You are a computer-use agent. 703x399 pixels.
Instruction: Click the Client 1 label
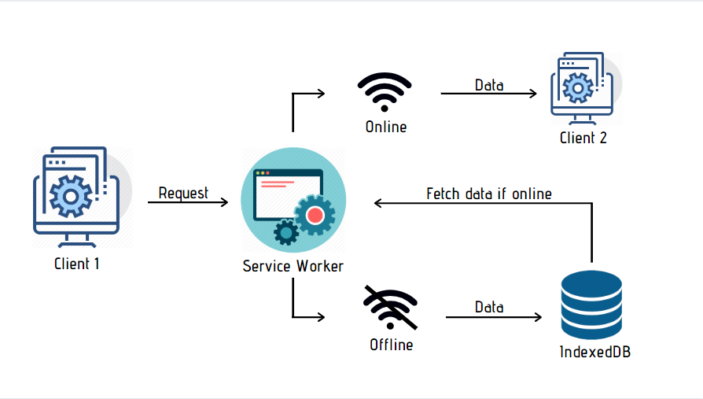pos(76,264)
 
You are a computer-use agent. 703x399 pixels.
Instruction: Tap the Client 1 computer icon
pos(76,193)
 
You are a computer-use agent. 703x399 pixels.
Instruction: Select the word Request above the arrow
pos(183,193)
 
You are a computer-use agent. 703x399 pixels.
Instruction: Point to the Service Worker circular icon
pos(293,201)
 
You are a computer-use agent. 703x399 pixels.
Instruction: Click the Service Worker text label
pos(293,266)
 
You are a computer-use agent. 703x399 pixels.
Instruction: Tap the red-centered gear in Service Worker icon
pos(315,214)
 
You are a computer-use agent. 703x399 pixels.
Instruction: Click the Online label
pos(386,126)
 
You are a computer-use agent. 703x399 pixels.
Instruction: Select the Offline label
pos(391,345)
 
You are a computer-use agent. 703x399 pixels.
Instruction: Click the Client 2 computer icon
pos(580,87)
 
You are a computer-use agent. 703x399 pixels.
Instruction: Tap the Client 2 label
pos(583,138)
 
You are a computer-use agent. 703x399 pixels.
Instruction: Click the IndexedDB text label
pos(594,352)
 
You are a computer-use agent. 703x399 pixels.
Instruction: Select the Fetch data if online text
pos(488,193)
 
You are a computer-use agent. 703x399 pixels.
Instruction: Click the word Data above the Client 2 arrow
pos(489,85)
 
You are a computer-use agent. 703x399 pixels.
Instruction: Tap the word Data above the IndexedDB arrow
pos(489,307)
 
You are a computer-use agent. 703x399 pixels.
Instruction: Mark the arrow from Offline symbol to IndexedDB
pos(493,317)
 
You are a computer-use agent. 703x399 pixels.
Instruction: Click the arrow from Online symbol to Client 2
pos(488,94)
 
